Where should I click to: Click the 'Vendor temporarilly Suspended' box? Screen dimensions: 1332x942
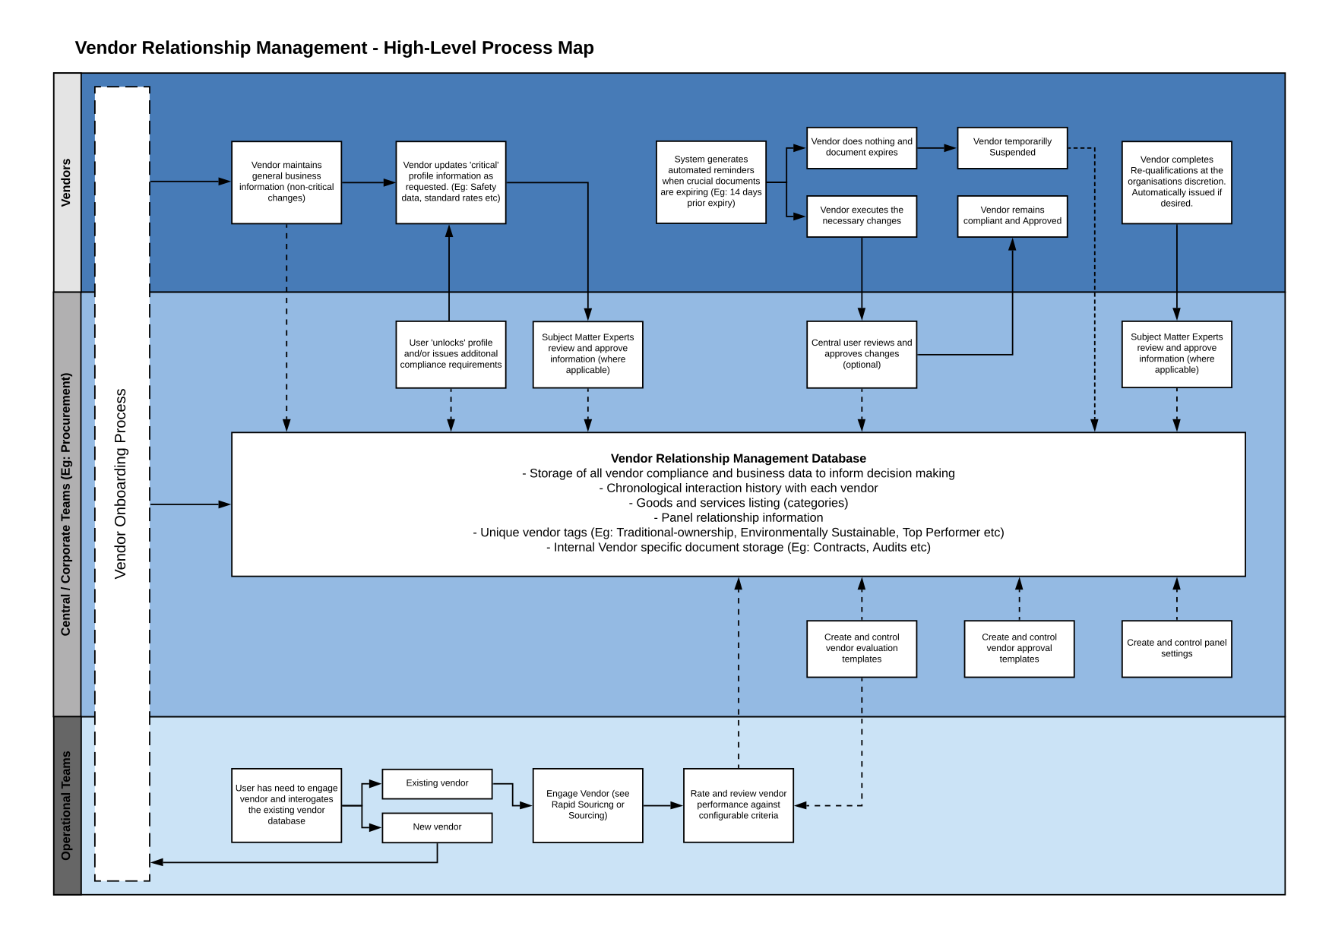point(1012,147)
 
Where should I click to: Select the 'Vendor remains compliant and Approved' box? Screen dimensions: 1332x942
point(1012,217)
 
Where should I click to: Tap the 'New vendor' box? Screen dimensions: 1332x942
point(437,827)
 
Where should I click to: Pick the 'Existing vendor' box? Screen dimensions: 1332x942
point(437,783)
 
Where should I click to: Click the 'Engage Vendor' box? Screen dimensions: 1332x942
point(588,805)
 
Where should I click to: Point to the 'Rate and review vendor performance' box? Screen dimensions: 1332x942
point(739,805)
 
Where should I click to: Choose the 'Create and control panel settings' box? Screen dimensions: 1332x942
point(1177,649)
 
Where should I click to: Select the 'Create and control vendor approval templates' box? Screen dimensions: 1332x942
point(1019,649)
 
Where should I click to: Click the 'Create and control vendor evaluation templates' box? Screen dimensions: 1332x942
point(862,649)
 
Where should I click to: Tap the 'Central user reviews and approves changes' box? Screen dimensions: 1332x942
point(862,354)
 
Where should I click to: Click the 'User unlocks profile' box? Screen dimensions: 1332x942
point(451,354)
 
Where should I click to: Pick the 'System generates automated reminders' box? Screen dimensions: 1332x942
point(711,182)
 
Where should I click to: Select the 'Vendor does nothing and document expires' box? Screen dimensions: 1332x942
point(862,147)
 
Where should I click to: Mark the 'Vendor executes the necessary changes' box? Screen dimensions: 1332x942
point(862,217)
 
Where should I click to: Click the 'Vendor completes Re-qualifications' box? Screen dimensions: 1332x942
point(1177,182)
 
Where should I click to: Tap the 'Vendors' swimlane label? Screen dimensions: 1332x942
point(66,182)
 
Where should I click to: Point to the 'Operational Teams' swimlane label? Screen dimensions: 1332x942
point(66,805)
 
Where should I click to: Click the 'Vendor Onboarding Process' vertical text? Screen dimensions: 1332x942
point(121,484)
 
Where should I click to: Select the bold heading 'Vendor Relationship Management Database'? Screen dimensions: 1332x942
point(739,458)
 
